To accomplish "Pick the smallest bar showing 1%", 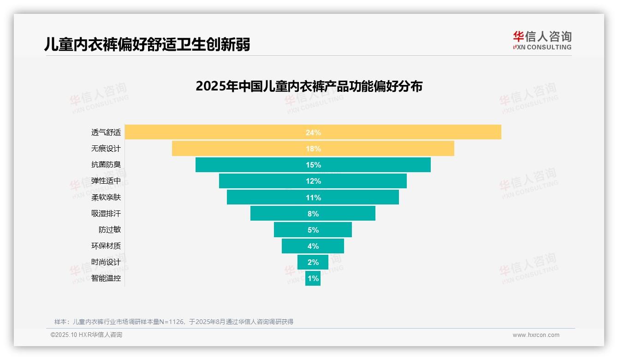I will coord(313,278).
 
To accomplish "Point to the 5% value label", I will coord(313,230).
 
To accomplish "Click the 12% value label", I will coord(313,181).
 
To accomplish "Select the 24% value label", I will coord(313,132).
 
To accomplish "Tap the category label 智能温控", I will coord(106,278).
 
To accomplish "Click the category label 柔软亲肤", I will coord(106,197).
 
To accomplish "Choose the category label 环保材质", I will coord(106,246).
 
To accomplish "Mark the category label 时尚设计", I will coord(106,262).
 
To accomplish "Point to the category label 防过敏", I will coord(110,230).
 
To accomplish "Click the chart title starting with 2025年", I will coord(309,86).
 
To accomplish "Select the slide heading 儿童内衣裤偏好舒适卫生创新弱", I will coord(147,44).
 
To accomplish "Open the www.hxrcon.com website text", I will coord(536,335).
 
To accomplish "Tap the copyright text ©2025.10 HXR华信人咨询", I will coord(86,335).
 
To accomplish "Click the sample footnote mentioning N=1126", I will coord(174,322).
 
